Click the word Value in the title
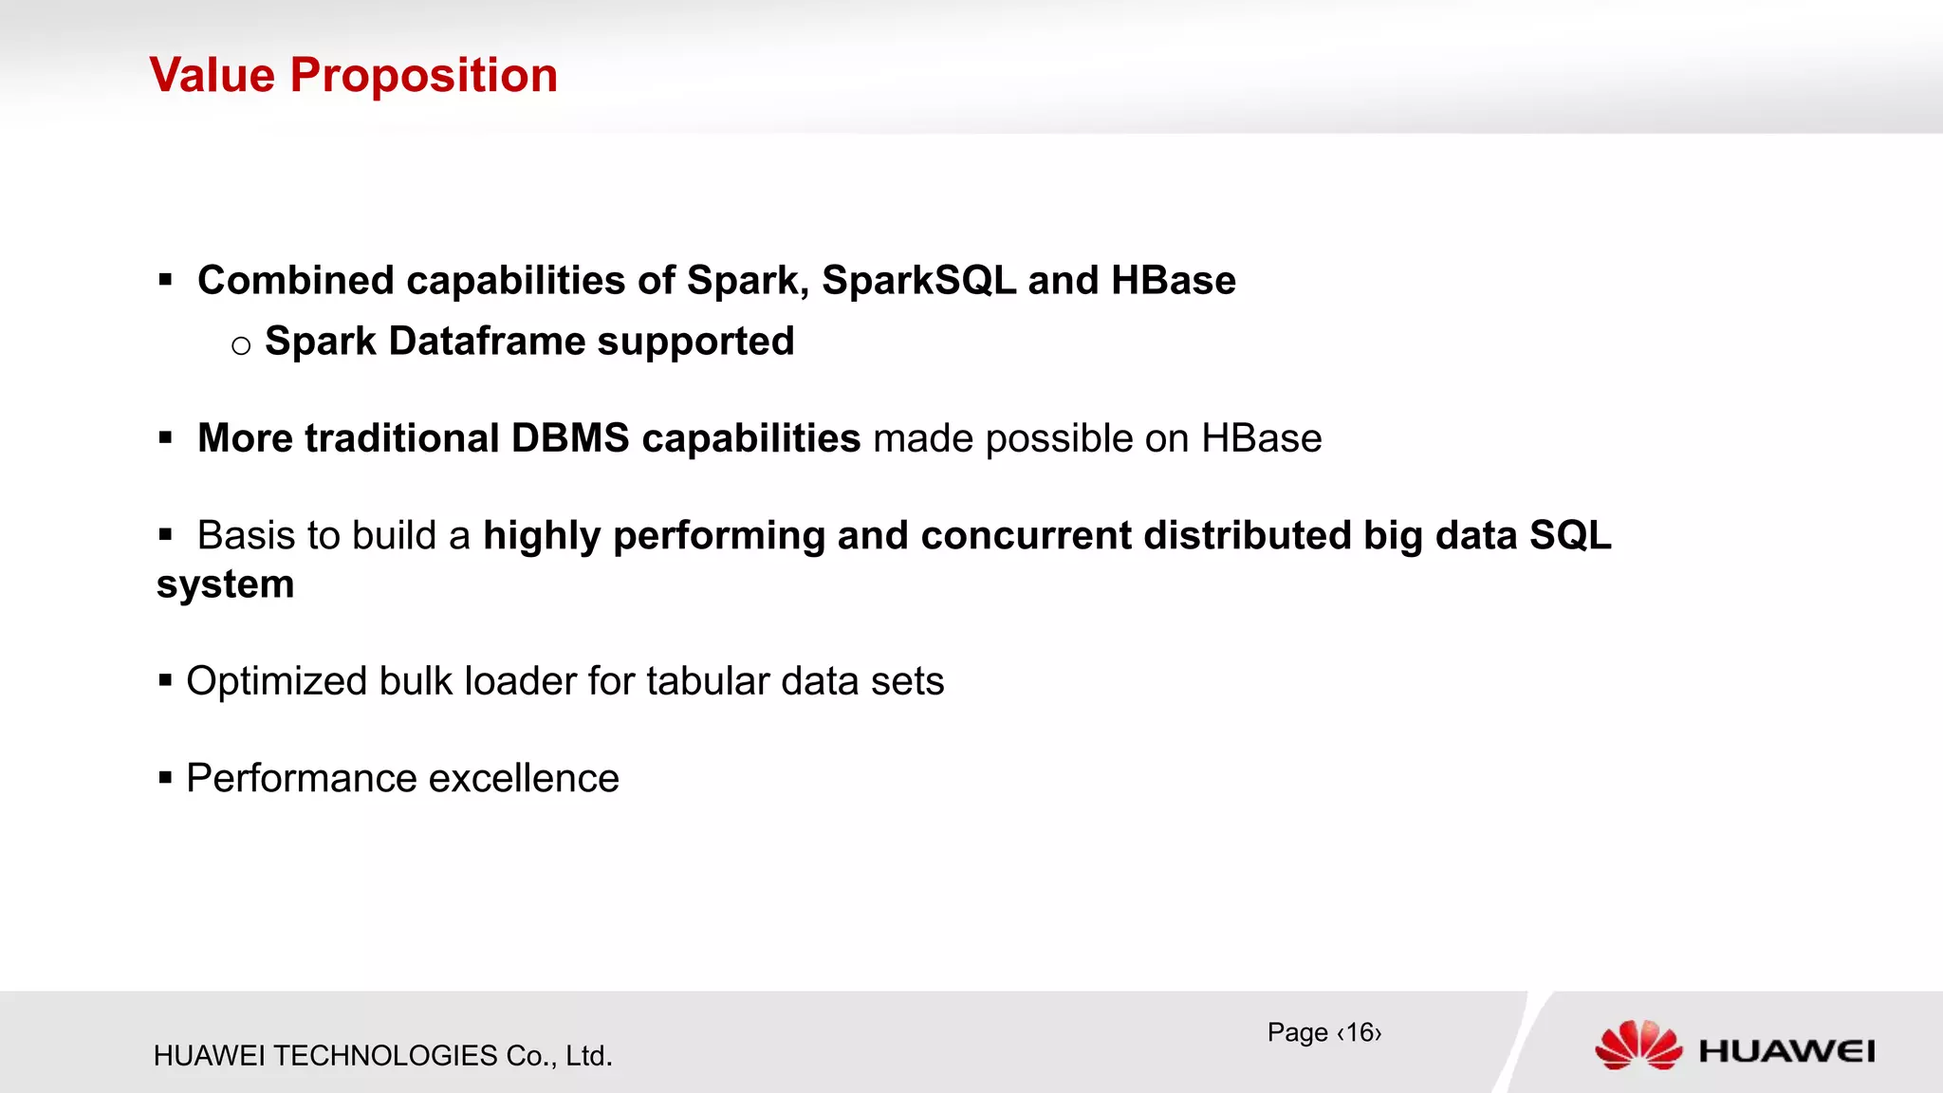coord(212,75)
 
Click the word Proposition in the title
coord(424,76)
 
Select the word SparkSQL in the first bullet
coord(918,281)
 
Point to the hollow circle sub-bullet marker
coord(241,345)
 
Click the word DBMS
coord(570,438)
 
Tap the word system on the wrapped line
coord(226,584)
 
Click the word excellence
coord(524,779)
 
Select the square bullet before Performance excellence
coord(166,779)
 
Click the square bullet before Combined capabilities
coord(166,281)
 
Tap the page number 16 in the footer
coord(1360,1032)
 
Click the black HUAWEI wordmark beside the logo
coord(1786,1051)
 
